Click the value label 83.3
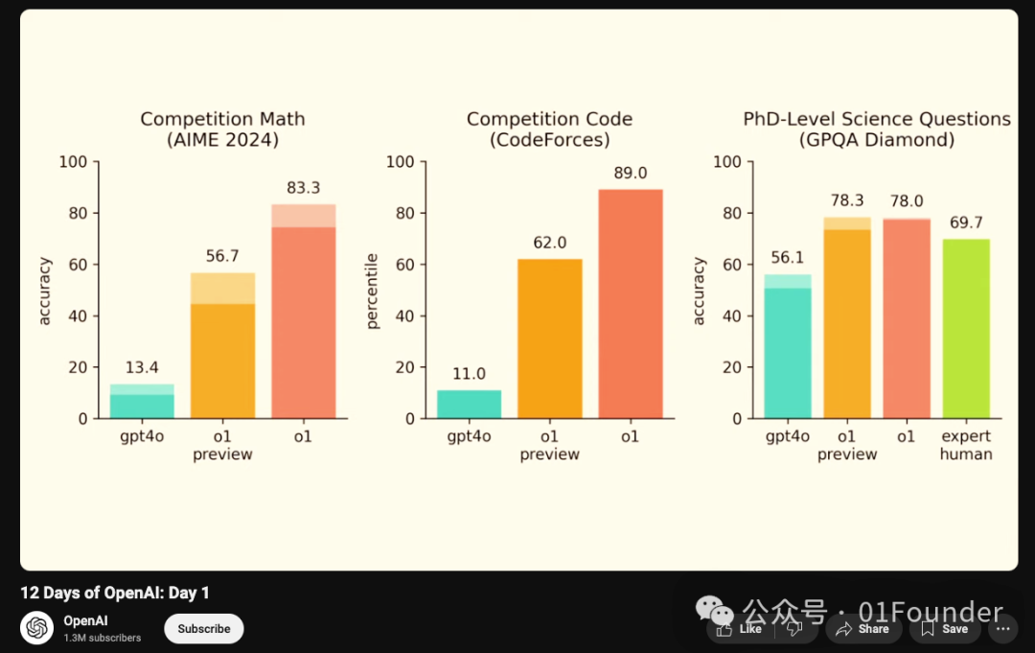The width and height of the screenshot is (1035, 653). click(x=303, y=188)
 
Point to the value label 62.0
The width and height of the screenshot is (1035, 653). click(x=550, y=244)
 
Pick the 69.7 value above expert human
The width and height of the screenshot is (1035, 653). click(x=966, y=222)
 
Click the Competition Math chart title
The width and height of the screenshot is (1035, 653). click(x=222, y=129)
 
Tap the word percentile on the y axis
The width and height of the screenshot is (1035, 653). click(x=373, y=291)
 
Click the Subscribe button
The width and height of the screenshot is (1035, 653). click(x=204, y=629)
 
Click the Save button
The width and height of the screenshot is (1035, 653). click(x=945, y=629)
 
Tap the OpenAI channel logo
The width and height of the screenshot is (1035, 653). click(x=37, y=628)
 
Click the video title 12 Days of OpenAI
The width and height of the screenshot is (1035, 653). click(x=115, y=593)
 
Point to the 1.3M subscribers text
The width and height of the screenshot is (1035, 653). click(x=103, y=638)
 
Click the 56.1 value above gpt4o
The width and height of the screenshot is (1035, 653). click(x=788, y=259)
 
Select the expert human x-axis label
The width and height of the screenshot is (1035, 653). click(x=966, y=445)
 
